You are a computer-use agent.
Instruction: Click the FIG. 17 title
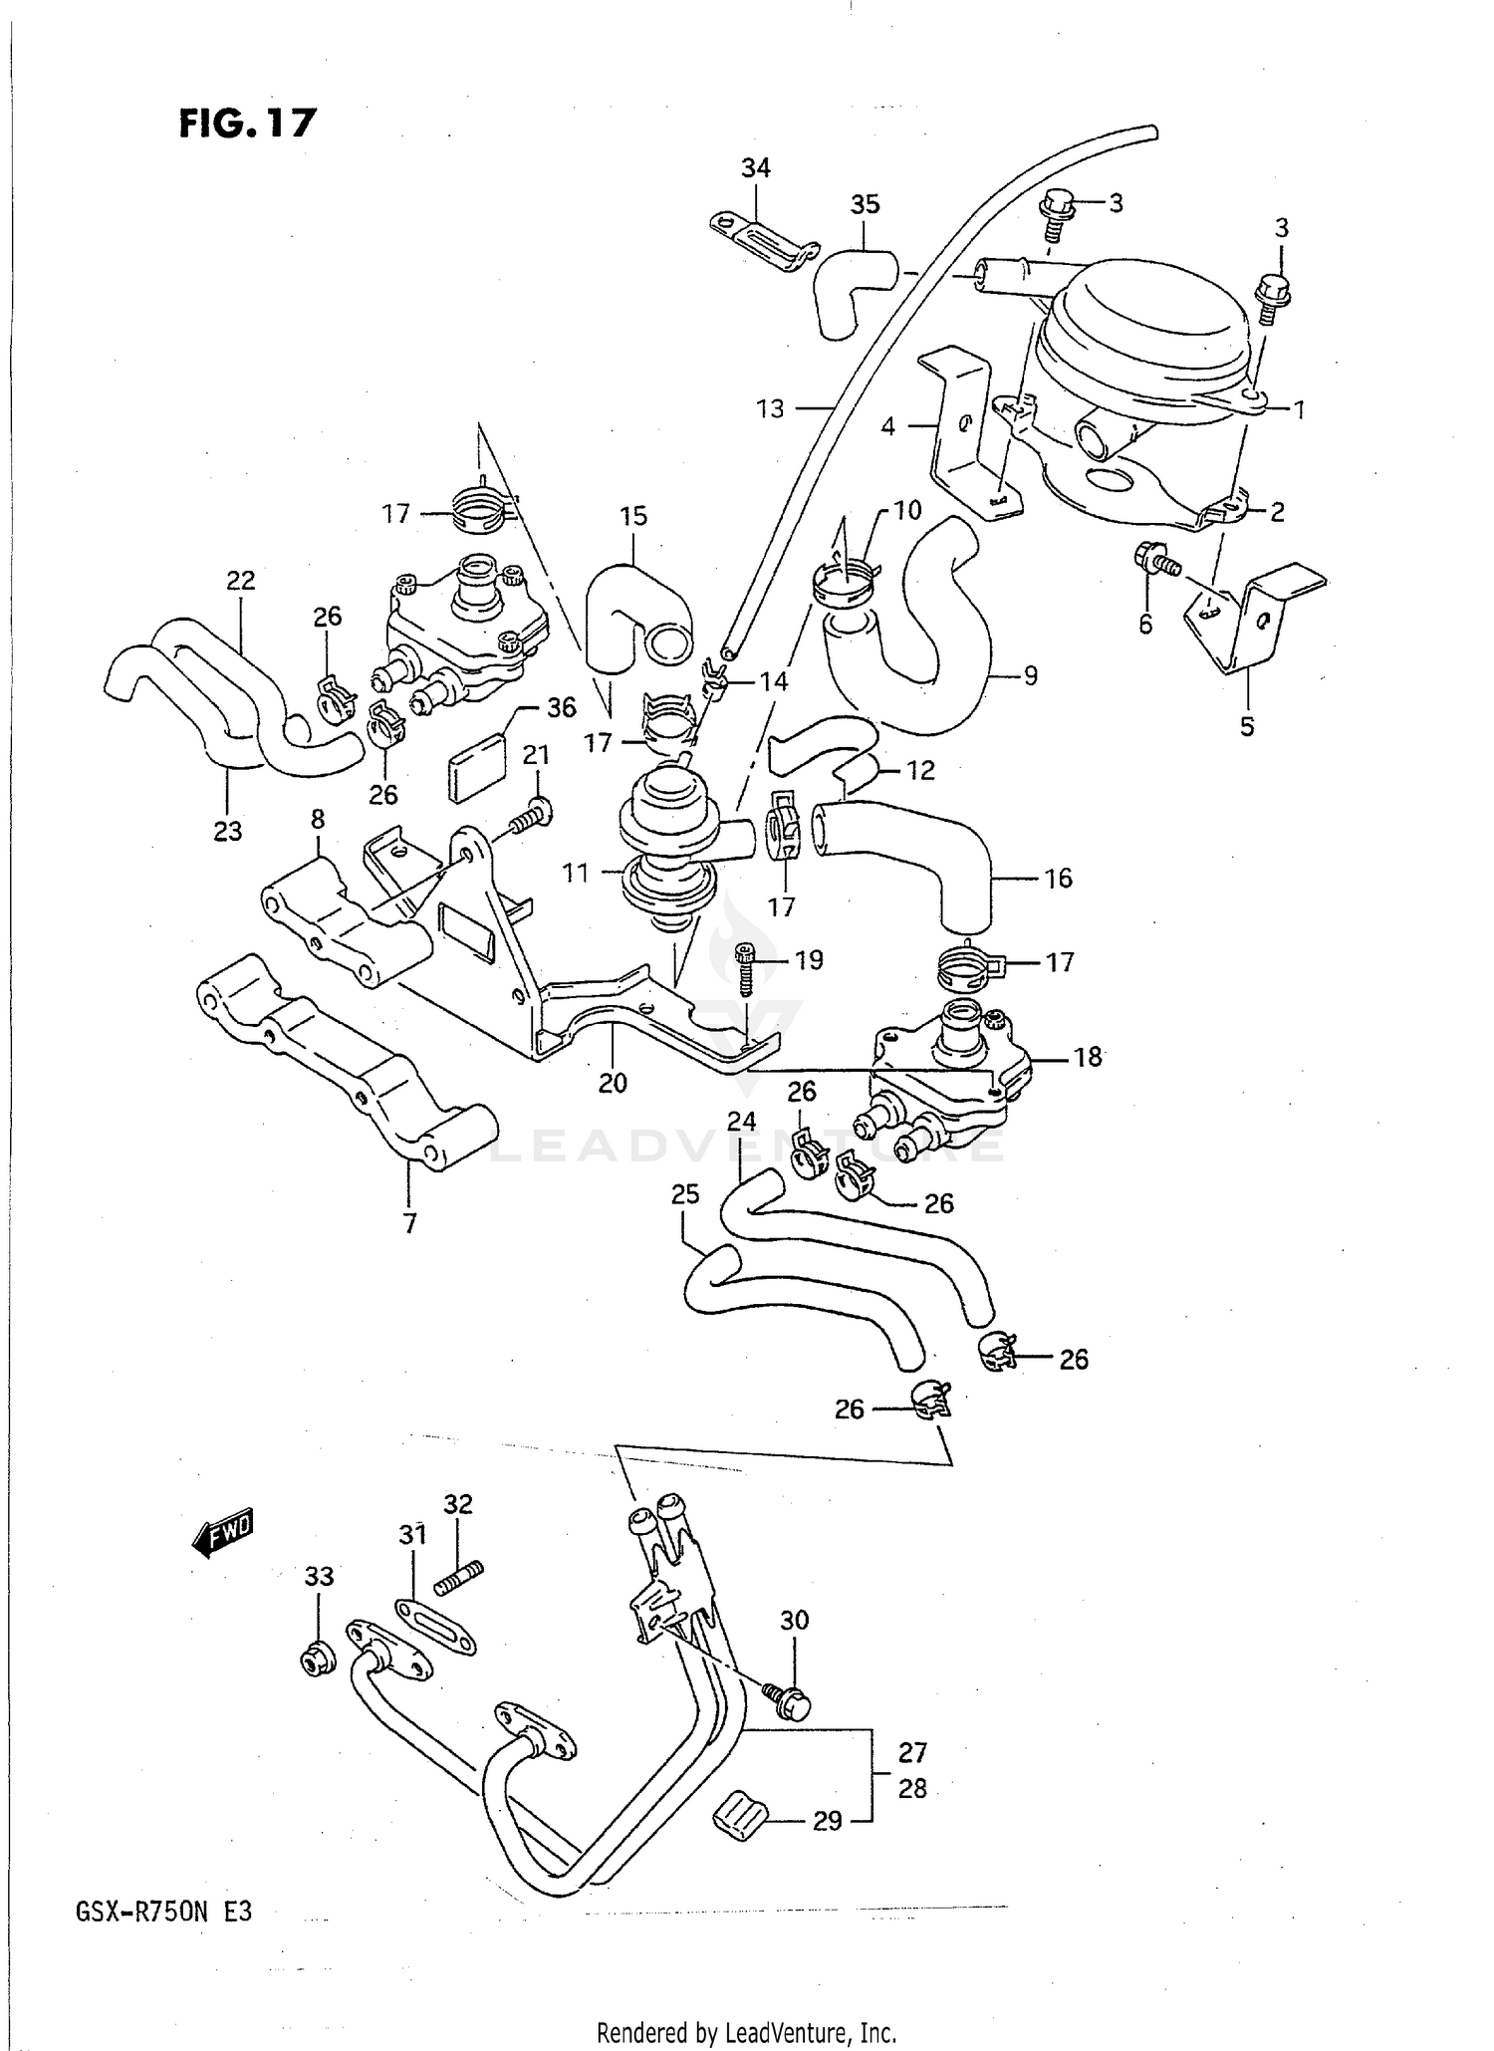pyautogui.click(x=247, y=123)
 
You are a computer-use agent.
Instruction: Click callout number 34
pyautogui.click(x=756, y=168)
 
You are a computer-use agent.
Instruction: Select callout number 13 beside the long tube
pyautogui.click(x=770, y=408)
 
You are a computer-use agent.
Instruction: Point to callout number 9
pyautogui.click(x=1030, y=676)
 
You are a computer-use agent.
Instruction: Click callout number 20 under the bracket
pyautogui.click(x=613, y=1083)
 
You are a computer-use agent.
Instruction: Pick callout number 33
pyautogui.click(x=319, y=1576)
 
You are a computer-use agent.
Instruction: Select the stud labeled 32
pyautogui.click(x=459, y=1581)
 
